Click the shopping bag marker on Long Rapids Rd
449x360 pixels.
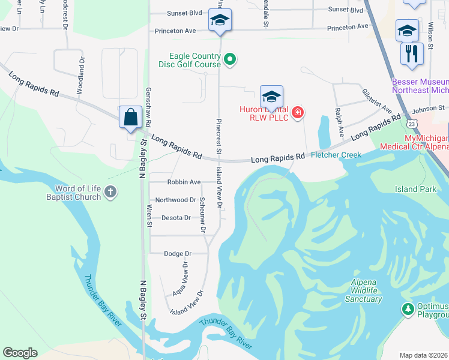coord(130,117)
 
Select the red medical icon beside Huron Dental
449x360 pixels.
coord(297,112)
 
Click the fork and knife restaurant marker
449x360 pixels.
coord(412,53)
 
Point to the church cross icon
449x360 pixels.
coord(110,192)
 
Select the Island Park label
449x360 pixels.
coord(415,189)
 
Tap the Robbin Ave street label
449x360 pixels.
coord(184,182)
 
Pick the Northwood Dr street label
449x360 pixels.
coord(176,200)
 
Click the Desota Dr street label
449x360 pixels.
coord(176,218)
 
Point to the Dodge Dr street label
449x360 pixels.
coord(178,254)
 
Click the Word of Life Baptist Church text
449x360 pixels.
coord(75,192)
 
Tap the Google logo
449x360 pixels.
coord(20,353)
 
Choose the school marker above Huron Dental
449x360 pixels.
coord(271,96)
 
